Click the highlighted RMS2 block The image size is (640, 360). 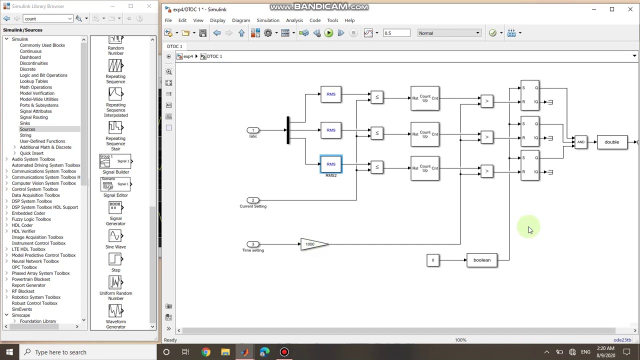tap(331, 164)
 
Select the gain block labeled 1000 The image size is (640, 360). tap(312, 244)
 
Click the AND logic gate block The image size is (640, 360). tap(580, 142)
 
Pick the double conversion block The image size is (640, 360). tap(611, 142)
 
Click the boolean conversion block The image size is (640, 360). tap(481, 260)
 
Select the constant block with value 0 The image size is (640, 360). tap(432, 260)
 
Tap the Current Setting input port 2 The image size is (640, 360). tap(253, 200)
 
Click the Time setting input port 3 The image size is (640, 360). tap(253, 244)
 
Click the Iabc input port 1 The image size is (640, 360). tap(253, 130)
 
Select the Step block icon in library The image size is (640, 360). tap(115, 259)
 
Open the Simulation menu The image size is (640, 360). tap(267, 20)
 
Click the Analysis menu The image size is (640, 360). tap(294, 20)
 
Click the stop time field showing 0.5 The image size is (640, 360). tap(396, 33)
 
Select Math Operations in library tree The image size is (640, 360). tap(35, 87)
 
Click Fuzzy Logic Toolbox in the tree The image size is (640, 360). tap(31, 219)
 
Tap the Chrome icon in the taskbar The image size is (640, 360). tap(205, 352)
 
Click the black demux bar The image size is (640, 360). tap(287, 130)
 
